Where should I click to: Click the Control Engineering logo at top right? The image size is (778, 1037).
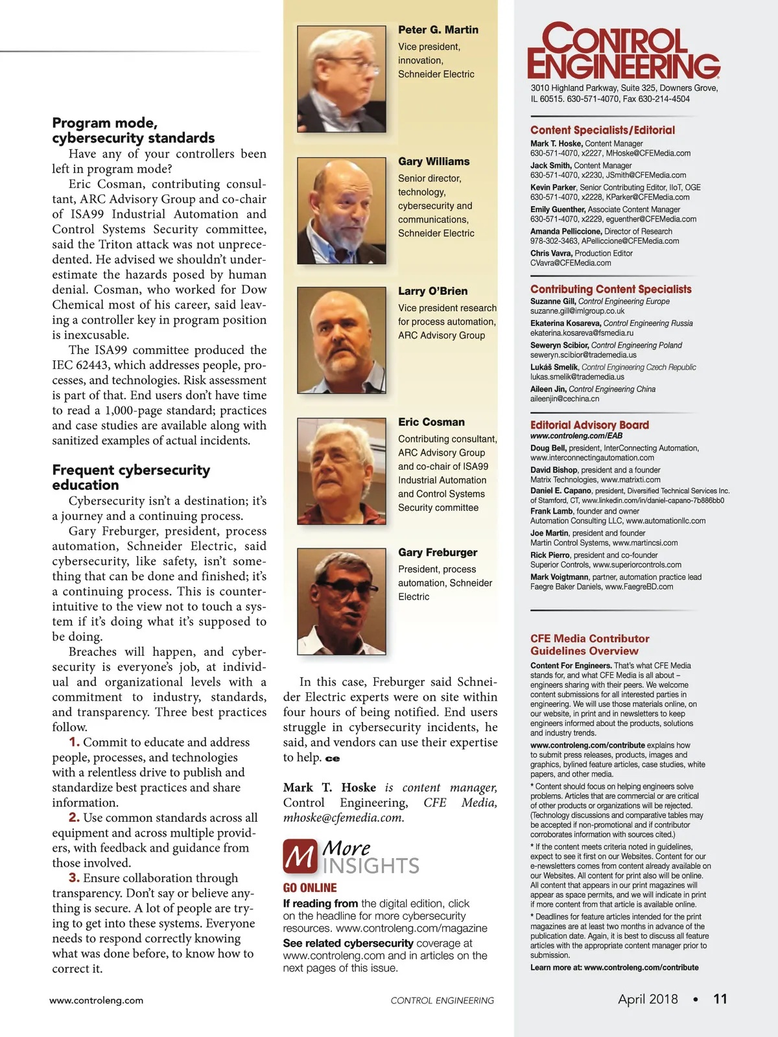click(x=623, y=51)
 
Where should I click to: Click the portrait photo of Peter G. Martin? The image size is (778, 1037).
click(x=342, y=78)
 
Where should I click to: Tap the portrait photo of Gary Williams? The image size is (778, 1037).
click(x=342, y=210)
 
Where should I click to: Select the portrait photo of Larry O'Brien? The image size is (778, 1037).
click(x=342, y=340)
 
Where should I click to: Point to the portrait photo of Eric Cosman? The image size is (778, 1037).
click(x=342, y=471)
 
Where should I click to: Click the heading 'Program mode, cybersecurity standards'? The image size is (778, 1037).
click(x=133, y=130)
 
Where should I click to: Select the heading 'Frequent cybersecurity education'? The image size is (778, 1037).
click(x=131, y=477)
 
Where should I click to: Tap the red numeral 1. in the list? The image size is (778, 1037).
click(x=74, y=741)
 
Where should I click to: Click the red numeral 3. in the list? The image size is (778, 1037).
click(x=74, y=878)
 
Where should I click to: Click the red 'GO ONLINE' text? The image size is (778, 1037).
click(x=310, y=888)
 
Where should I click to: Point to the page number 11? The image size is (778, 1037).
click(x=720, y=999)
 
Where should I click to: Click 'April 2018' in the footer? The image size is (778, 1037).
click(x=648, y=999)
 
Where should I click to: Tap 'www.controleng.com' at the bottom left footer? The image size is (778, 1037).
click(x=96, y=1000)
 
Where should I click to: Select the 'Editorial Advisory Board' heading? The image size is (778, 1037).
click(x=589, y=425)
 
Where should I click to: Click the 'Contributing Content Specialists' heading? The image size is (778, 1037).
click(x=611, y=289)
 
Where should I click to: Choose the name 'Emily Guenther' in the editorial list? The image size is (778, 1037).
click(x=558, y=209)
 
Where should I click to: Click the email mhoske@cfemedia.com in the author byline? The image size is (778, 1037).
click(x=344, y=818)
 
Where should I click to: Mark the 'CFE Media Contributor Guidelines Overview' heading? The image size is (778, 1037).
click(x=589, y=644)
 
